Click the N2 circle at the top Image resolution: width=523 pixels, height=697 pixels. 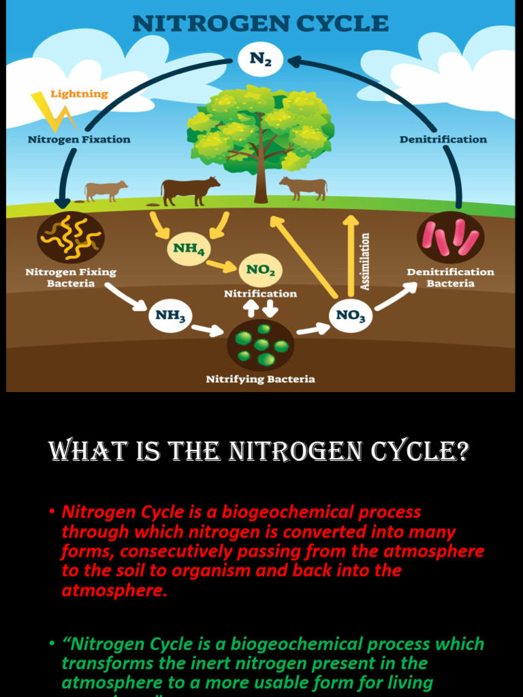261,59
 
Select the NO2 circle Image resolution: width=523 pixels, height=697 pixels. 261,270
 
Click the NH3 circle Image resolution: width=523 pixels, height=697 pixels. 170,316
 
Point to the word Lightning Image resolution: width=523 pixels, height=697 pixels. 80,94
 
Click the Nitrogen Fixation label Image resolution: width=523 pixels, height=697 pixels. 79,140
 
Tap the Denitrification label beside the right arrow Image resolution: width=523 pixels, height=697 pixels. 443,140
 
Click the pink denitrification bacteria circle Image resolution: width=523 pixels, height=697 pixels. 450,238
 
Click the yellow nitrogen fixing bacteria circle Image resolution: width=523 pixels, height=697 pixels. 71,238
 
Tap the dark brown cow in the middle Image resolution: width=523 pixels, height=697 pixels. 189,190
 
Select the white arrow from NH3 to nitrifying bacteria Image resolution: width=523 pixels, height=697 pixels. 208,330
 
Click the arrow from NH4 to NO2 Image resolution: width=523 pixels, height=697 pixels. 221,265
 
